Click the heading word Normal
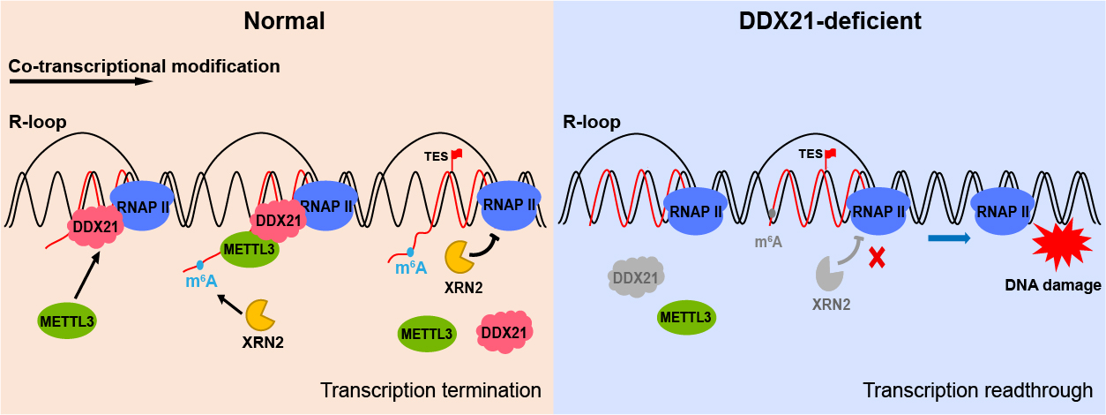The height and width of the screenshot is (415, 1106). tap(285, 21)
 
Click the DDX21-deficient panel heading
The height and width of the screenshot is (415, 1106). tap(829, 21)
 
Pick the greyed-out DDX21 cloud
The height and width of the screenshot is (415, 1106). tap(636, 278)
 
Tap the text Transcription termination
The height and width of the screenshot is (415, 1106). tap(430, 390)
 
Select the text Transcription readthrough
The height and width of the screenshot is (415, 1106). tap(978, 390)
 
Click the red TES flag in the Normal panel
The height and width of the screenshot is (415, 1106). tap(457, 155)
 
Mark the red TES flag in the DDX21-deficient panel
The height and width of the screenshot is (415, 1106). tap(830, 155)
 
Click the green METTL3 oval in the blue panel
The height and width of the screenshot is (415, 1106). tap(685, 316)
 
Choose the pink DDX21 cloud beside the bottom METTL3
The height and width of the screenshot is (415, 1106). tap(504, 332)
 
